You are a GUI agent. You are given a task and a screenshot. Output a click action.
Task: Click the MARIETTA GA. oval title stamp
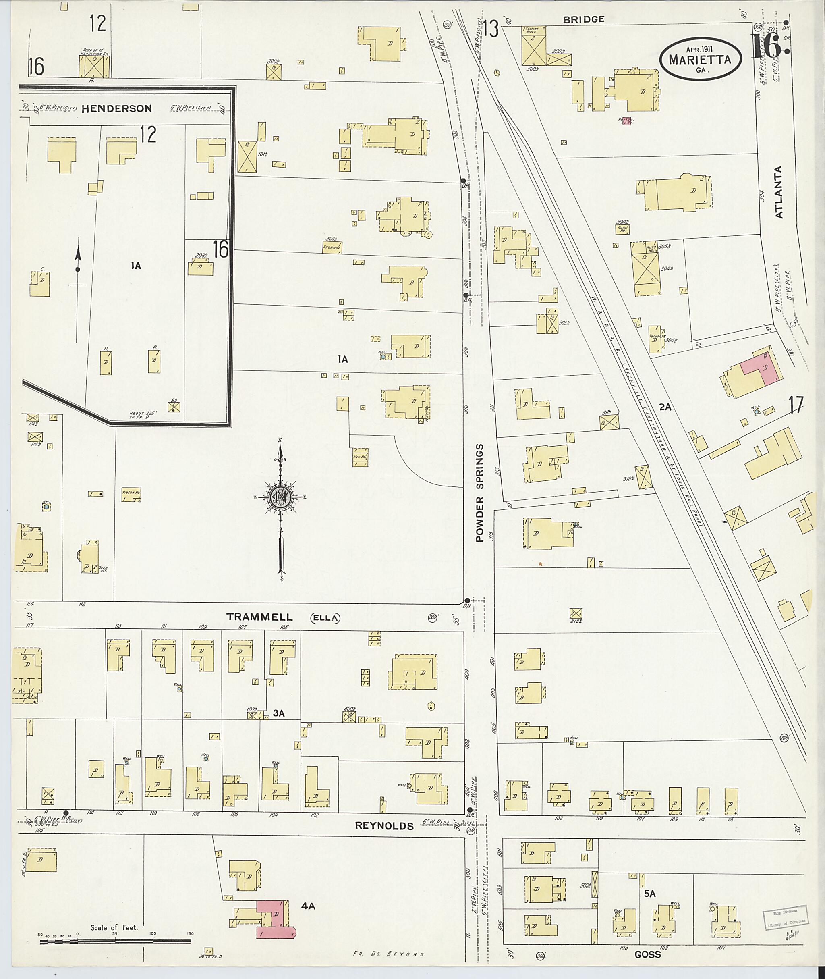pyautogui.click(x=701, y=60)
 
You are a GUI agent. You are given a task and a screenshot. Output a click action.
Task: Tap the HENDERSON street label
pyautogui.click(x=116, y=108)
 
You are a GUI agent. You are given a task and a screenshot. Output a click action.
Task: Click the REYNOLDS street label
pyautogui.click(x=384, y=826)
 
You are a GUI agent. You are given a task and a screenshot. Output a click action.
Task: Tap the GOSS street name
pyautogui.click(x=648, y=954)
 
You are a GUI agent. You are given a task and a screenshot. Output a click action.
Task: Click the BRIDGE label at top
pyautogui.click(x=583, y=19)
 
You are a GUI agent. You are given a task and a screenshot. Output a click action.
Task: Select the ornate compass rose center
pyautogui.click(x=280, y=497)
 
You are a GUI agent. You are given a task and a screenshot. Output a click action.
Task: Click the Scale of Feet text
pyautogui.click(x=114, y=927)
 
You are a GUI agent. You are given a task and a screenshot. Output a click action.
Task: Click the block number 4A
pyautogui.click(x=308, y=906)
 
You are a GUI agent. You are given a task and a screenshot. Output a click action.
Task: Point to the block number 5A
pyautogui.click(x=650, y=894)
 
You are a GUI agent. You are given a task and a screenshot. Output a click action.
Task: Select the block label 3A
pyautogui.click(x=279, y=713)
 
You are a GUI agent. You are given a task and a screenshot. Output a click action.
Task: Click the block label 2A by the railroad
pyautogui.click(x=665, y=407)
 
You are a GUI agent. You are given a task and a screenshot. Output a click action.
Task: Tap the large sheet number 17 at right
pyautogui.click(x=796, y=403)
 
